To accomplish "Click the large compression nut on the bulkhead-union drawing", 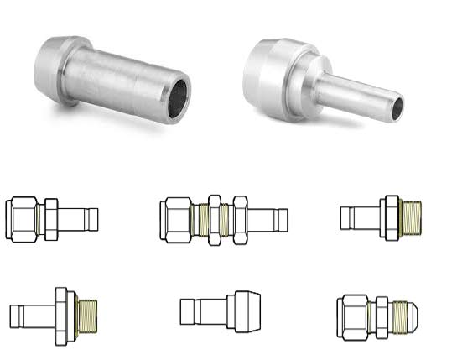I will (x=177, y=220).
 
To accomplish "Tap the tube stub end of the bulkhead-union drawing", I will (x=279, y=221).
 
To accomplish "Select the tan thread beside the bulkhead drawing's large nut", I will (x=200, y=221).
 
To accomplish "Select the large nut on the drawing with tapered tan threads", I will (x=351, y=316).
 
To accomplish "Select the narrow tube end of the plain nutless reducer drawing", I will (x=198, y=311).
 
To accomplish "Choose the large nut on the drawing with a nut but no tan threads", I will (x=23, y=220).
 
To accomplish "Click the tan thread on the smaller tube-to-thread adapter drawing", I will (x=410, y=217).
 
